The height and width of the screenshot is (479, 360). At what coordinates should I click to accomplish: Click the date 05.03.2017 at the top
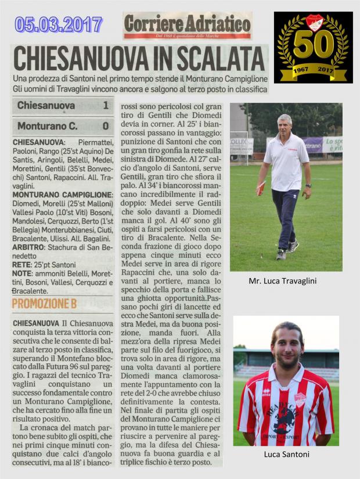tap(59, 24)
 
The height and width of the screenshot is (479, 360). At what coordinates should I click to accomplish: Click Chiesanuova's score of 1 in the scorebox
tap(105, 106)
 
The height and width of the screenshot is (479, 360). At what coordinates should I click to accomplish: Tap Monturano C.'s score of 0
tap(105, 125)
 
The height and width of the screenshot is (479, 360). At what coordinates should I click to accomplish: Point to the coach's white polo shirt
tap(286, 163)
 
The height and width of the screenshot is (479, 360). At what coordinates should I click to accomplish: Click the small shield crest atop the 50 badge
tap(313, 23)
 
